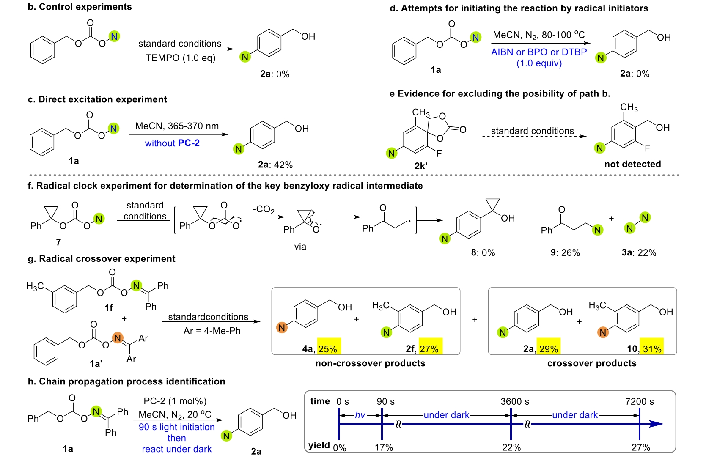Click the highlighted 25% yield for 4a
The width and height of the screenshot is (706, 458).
point(328,348)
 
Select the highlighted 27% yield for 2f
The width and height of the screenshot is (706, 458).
point(430,348)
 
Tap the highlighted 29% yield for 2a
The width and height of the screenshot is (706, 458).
point(548,348)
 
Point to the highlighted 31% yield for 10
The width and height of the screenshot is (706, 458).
point(651,348)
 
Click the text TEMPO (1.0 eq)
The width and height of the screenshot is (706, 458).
point(181,58)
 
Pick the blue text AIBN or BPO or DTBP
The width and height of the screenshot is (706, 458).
point(539,52)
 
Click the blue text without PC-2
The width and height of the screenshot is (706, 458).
point(172,143)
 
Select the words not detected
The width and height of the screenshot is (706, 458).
point(632,164)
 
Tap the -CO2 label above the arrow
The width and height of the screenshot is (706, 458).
point(264,209)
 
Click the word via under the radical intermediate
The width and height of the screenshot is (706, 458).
point(300,247)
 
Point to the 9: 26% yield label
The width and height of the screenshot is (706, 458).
point(565,252)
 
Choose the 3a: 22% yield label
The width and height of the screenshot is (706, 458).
point(639,252)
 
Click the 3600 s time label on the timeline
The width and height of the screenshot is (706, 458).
point(515,401)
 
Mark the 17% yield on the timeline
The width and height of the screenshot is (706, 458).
point(384,447)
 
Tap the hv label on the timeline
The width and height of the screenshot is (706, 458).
point(360,415)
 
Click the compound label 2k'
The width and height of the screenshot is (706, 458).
point(420,166)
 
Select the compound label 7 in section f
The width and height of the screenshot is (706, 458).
point(58,242)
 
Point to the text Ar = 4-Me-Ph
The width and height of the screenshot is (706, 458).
point(212,331)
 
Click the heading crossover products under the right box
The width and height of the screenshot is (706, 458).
point(591,363)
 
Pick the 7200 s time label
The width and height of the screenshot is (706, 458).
point(639,401)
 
